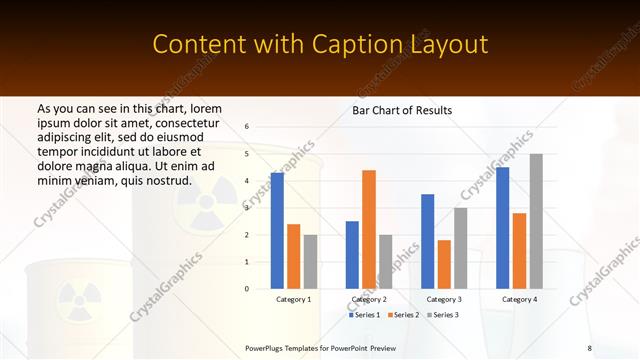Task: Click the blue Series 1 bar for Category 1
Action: tap(277, 231)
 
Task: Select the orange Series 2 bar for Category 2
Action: tap(369, 229)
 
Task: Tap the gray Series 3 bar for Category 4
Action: tap(536, 221)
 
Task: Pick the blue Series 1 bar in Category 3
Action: tap(427, 241)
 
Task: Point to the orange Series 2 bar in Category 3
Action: tap(444, 264)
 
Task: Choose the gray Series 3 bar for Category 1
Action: tap(310, 261)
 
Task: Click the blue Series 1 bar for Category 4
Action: tap(502, 228)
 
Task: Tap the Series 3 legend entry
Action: tap(444, 315)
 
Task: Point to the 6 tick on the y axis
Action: tap(246, 127)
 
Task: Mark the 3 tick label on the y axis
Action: tap(246, 208)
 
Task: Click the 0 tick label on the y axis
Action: tap(246, 289)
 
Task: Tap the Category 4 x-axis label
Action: tap(519, 299)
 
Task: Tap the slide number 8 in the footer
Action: tap(589, 347)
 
